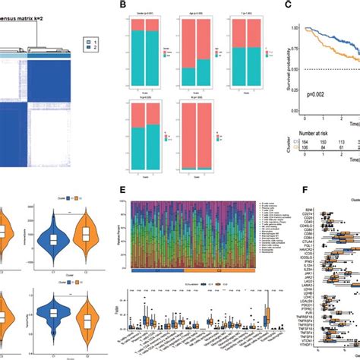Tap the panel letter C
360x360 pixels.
tap(288, 5)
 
